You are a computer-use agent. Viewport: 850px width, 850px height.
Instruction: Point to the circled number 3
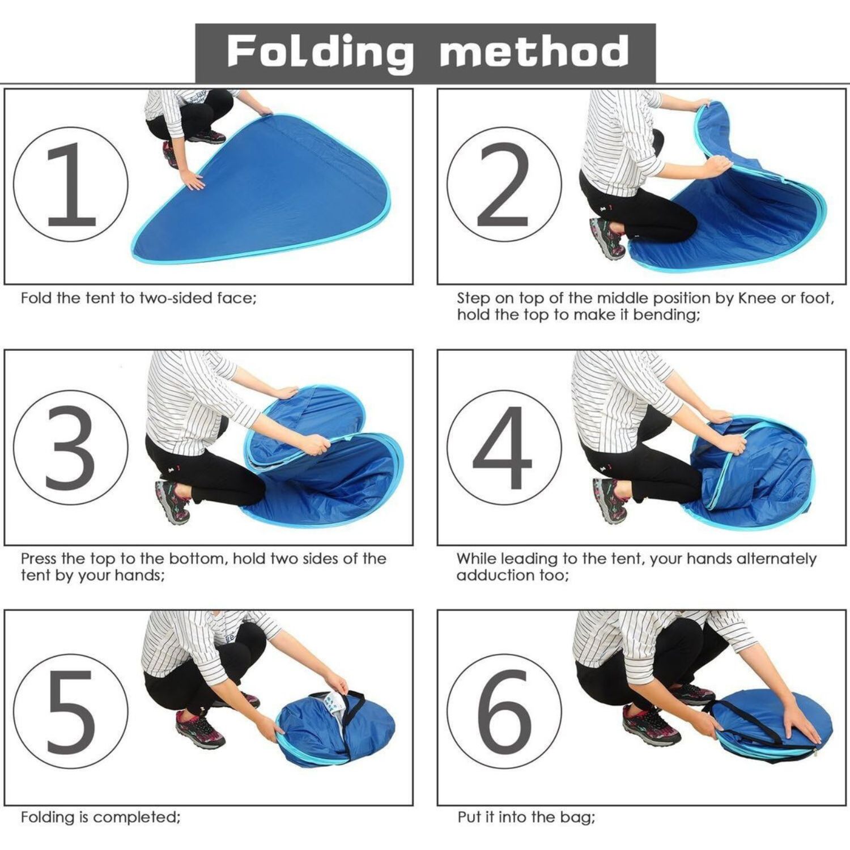coord(71,447)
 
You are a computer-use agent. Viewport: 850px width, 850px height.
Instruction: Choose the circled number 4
coord(504,447)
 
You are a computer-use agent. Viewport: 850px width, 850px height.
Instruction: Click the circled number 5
coord(71,711)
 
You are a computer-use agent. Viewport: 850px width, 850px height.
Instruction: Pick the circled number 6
coord(504,711)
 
